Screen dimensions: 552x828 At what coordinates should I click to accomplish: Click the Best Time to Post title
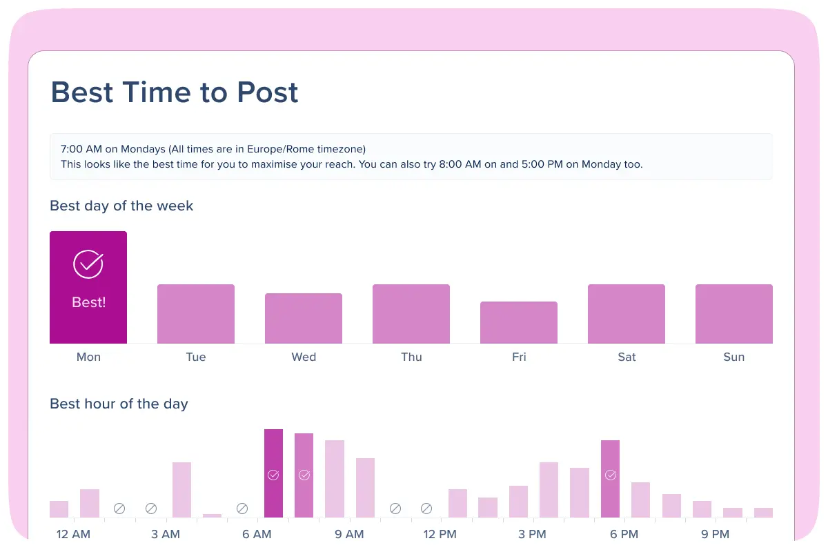(175, 92)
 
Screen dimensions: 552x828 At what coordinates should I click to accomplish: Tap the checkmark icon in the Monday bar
(88, 264)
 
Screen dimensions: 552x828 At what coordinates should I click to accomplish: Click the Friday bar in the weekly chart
(519, 323)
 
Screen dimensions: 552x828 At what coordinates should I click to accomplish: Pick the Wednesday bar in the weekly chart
(304, 319)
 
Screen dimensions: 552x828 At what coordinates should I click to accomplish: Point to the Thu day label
(411, 357)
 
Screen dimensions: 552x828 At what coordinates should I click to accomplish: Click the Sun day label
(734, 357)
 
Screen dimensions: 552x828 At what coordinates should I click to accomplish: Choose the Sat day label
(627, 357)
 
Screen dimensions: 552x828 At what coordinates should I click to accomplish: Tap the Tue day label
(196, 357)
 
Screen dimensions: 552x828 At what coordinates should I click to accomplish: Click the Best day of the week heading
(121, 206)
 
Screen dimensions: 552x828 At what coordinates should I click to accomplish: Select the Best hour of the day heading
(119, 404)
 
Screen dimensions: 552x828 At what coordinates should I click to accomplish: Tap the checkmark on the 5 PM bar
(610, 475)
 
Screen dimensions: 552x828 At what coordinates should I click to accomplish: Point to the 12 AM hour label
(73, 534)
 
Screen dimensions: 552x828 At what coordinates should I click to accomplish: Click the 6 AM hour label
(257, 534)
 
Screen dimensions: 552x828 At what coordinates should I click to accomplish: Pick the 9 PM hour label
(715, 534)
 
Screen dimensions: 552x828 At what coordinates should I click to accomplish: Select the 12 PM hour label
(440, 534)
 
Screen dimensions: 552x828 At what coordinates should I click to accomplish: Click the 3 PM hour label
(532, 534)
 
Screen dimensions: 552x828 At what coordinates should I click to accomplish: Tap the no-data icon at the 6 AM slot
(242, 509)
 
